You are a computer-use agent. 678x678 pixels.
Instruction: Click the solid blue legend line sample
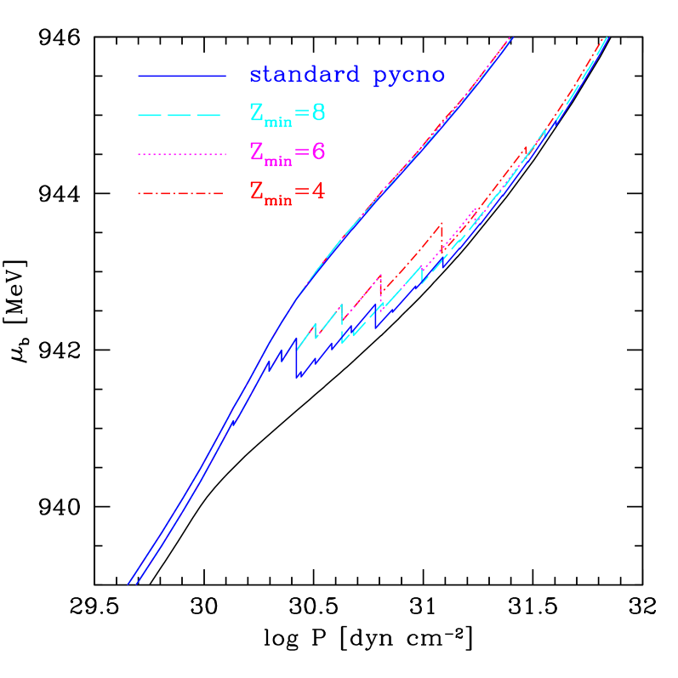coord(181,77)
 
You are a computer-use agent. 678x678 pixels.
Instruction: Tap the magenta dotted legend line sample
coord(181,154)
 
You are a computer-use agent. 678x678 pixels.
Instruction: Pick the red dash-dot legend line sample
coord(181,194)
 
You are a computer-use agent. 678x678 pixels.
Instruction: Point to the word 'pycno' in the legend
coord(409,77)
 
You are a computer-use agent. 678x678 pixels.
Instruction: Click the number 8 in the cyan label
coord(318,113)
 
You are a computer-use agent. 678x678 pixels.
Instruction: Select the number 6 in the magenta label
coord(318,152)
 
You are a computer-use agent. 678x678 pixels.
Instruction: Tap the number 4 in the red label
coord(318,191)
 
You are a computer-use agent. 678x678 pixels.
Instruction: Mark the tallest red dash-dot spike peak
coord(442,224)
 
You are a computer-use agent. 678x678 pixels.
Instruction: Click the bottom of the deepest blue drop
coord(296,377)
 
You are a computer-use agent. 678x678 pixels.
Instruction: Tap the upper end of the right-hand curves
coord(606,37)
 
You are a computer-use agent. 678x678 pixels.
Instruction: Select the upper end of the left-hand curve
coord(510,37)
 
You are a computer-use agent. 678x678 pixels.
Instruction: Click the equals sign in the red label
coord(302,192)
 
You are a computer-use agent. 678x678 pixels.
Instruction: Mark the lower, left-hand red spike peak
coord(380,276)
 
